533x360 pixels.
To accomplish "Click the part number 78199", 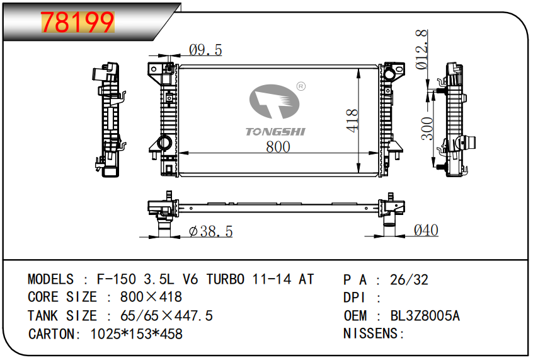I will (78, 22).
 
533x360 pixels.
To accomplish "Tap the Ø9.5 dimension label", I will (205, 50).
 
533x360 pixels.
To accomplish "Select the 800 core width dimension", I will (278, 146).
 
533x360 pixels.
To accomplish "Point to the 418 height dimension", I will (353, 120).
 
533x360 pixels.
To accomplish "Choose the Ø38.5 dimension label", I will (211, 232).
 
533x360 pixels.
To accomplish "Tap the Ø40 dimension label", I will (426, 231).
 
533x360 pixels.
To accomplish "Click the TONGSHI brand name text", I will (275, 131).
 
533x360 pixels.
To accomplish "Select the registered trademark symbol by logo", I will (301, 86).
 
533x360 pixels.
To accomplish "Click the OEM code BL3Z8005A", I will (425, 316).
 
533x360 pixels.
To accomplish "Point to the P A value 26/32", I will (409, 280).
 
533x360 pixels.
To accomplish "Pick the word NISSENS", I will (370, 334).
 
